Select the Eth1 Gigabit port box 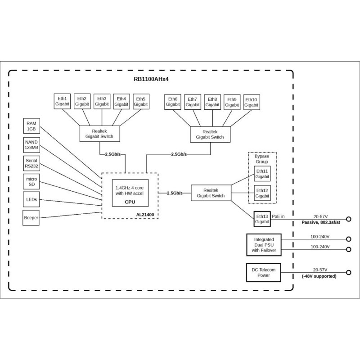pyautogui.click(x=62, y=101)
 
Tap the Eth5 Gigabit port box pyautogui.click(x=140, y=101)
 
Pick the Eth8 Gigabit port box pyautogui.click(x=212, y=102)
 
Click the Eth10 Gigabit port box pyautogui.click(x=252, y=102)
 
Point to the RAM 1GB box pyautogui.click(x=31, y=126)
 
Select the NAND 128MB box pyautogui.click(x=31, y=144)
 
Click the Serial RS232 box pyautogui.click(x=31, y=163)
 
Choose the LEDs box pyautogui.click(x=31, y=199)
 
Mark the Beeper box pyautogui.click(x=31, y=218)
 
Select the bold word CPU pyautogui.click(x=130, y=202)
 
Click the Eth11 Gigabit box pyautogui.click(x=262, y=174)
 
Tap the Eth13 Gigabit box pyautogui.click(x=262, y=219)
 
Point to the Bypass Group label pyautogui.click(x=262, y=158)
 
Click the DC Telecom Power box pyautogui.click(x=264, y=272)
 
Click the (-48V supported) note pyautogui.click(x=319, y=276)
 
